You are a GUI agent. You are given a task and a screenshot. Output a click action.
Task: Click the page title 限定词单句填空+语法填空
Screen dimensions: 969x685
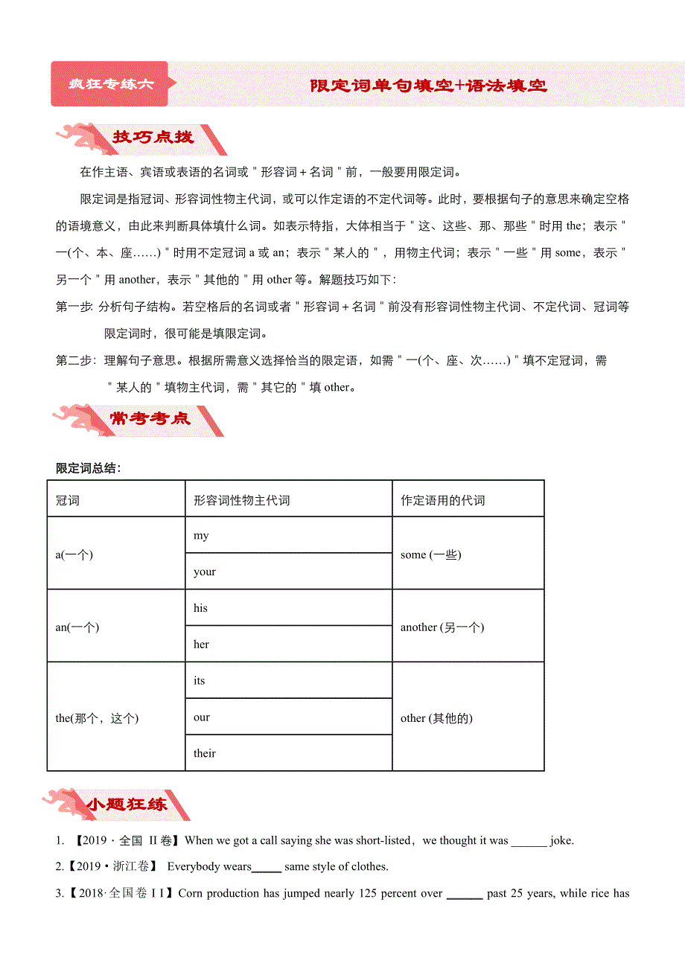[428, 86]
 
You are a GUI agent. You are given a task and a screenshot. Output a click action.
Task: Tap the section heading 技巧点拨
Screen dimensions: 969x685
[152, 138]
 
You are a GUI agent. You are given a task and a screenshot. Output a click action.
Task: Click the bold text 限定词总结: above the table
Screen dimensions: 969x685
[89, 468]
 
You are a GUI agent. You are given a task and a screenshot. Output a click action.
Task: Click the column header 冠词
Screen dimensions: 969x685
[68, 500]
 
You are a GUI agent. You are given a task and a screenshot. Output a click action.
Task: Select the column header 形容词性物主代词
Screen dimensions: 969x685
[241, 500]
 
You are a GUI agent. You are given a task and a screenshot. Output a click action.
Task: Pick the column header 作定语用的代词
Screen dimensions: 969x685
[442, 500]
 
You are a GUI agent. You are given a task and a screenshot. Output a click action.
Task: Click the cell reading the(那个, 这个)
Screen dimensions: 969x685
[97, 717]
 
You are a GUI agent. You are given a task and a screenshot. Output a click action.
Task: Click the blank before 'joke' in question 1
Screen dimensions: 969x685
[529, 842]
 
